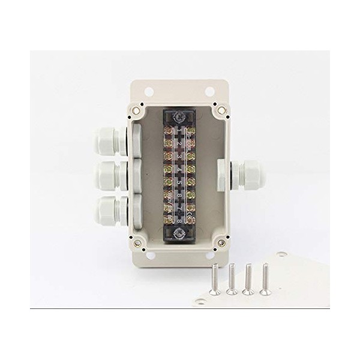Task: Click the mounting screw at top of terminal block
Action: (178, 116)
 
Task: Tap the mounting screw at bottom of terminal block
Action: (178, 232)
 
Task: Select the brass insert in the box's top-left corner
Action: (137, 110)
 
